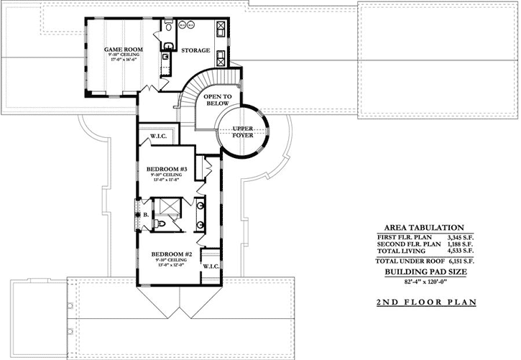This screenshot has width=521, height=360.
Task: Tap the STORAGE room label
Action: [x=195, y=51]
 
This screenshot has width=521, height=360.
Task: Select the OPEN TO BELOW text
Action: [x=217, y=99]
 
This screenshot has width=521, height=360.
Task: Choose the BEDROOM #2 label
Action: [x=170, y=254]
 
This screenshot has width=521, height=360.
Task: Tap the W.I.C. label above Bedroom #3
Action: [x=158, y=136]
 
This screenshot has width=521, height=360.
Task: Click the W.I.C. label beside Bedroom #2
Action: [x=211, y=266]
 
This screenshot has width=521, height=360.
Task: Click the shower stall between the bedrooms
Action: [x=170, y=207]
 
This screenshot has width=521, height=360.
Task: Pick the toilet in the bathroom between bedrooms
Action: [x=163, y=224]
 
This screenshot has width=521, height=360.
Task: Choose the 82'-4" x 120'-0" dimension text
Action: [x=426, y=283]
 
